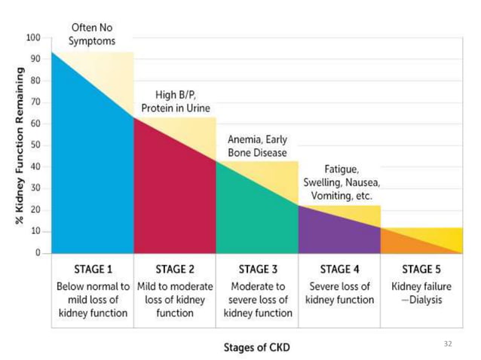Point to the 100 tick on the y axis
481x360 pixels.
33,37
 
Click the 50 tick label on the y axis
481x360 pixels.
35,145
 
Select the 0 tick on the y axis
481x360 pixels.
37,253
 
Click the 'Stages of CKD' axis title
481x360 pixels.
256,347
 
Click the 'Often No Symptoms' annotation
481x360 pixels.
92,35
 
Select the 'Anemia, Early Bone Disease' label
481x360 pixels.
257,146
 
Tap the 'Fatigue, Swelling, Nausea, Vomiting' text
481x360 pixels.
342,182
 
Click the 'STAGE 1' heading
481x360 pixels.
93,269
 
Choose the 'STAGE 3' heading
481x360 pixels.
258,269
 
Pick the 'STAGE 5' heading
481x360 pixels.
421,269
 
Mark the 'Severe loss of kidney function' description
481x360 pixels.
339,293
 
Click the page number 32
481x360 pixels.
448,343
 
